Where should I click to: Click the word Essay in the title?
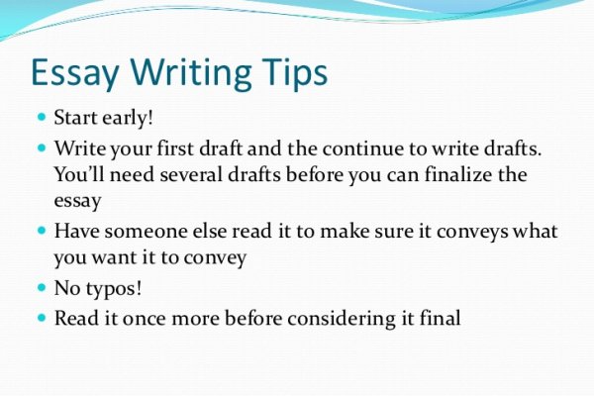tap(75, 73)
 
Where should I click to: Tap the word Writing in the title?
tap(191, 73)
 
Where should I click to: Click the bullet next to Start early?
tap(42, 116)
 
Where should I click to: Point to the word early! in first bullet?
tap(128, 118)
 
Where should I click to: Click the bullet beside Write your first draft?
tap(42, 147)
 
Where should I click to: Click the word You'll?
tap(79, 174)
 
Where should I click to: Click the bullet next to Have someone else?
tap(42, 230)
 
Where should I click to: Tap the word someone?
tap(146, 231)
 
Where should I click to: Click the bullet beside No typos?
tap(42, 287)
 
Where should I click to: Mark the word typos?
tap(114, 289)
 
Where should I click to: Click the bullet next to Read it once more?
tap(42, 317)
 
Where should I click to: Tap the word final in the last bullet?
tap(441, 318)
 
